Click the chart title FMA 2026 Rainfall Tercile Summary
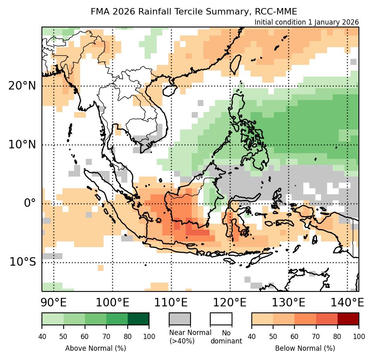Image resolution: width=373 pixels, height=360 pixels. (194, 11)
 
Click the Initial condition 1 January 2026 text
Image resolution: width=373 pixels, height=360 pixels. (307, 22)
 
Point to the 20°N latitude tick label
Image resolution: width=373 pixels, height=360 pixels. (21, 86)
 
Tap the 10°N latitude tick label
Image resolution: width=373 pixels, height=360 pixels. (21, 144)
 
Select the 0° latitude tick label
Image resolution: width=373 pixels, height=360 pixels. (30, 203)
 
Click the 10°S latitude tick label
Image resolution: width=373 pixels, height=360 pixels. (23, 262)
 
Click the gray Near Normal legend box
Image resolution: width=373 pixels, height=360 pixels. (180, 318)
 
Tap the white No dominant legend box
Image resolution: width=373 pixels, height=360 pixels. (221, 318)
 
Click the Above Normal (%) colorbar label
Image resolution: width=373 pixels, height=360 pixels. (95, 348)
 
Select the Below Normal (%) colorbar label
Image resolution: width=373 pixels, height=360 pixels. (305, 348)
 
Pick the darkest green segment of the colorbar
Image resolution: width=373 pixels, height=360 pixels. (138, 318)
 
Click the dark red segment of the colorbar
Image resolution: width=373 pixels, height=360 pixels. (348, 318)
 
